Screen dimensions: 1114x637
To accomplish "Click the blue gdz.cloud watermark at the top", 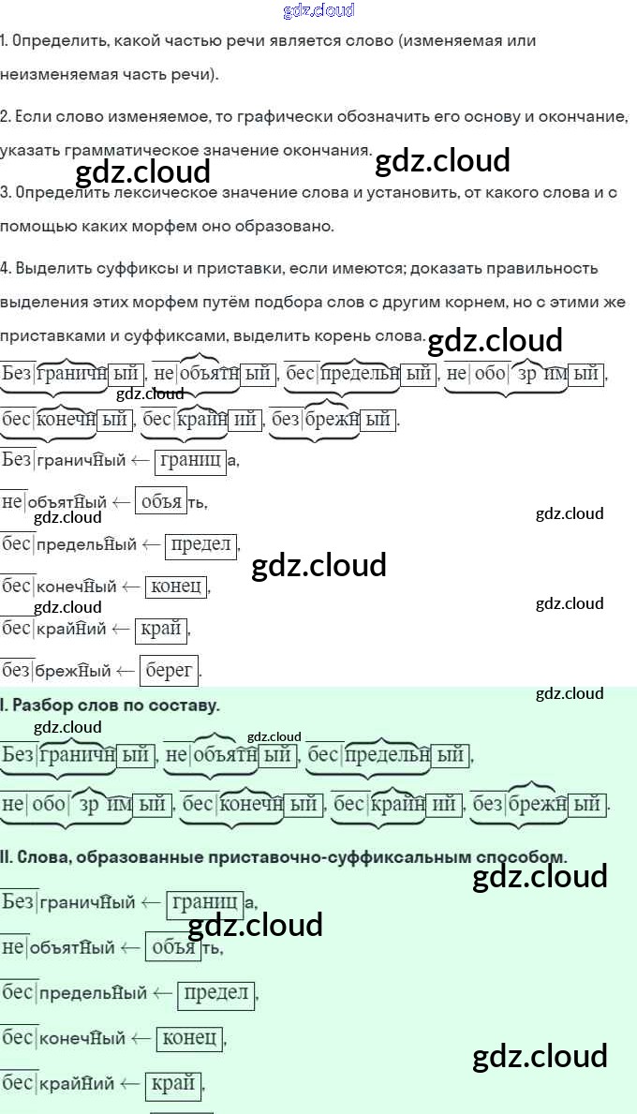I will coord(318,11).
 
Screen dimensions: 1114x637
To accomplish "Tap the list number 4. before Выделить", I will coord(6,268).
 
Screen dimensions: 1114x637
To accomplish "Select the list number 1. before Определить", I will coord(5,41).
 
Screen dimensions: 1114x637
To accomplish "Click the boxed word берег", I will coord(170,669).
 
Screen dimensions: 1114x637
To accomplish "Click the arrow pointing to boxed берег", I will coord(126,670).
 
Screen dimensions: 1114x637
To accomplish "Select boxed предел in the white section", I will coord(201,544).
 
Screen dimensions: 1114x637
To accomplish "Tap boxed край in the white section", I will coord(160,629).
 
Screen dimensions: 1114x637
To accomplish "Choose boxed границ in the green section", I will coord(204,903).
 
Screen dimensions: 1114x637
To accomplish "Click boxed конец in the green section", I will coord(189,1037).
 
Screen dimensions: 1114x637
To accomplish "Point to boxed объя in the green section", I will coord(173,947).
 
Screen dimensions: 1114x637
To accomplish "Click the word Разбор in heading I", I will coord(45,706).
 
